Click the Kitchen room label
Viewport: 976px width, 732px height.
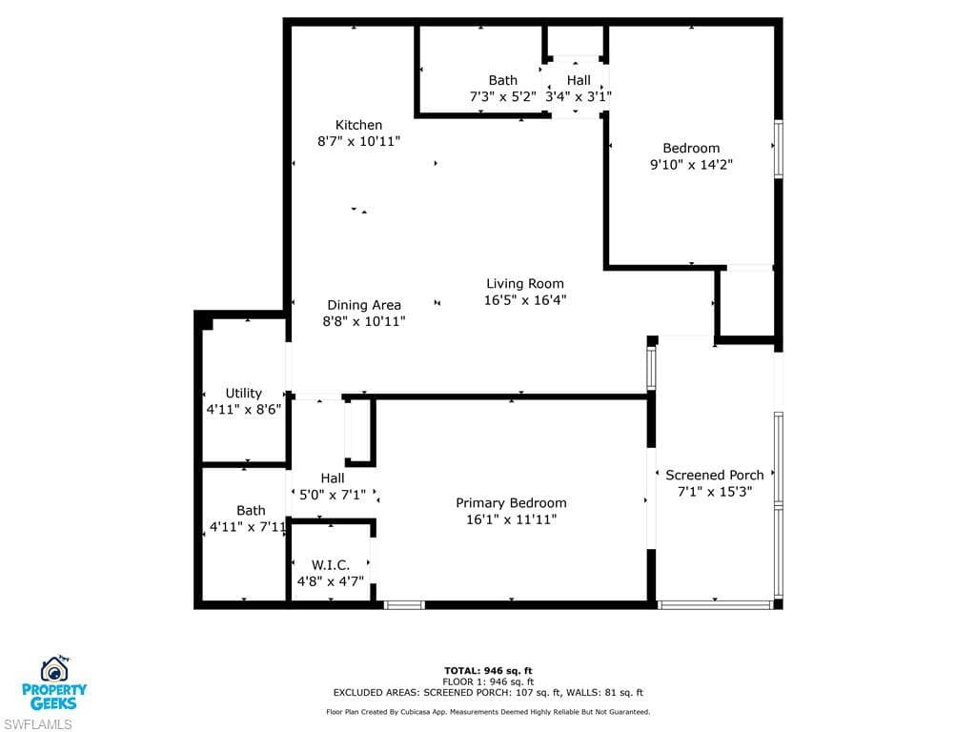point(358,125)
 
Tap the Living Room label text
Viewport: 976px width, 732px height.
point(524,283)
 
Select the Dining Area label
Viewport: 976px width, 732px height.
point(363,305)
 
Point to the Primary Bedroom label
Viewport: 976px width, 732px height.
point(511,503)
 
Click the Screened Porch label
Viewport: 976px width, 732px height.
point(714,475)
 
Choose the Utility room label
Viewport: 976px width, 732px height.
point(243,393)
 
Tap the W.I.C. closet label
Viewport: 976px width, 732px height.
point(330,564)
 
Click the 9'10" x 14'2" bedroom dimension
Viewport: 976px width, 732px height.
point(691,164)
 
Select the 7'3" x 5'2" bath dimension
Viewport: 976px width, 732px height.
point(502,96)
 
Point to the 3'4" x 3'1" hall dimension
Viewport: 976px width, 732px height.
point(578,96)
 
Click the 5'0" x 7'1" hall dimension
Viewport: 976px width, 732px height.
point(332,495)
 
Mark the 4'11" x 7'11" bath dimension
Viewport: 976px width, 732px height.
point(248,527)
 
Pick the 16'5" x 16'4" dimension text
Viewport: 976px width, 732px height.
point(524,300)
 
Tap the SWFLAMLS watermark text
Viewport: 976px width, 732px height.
point(37,723)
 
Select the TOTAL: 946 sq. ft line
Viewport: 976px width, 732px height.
point(487,670)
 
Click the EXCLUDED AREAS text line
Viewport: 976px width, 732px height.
point(488,693)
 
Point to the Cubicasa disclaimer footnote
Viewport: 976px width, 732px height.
point(488,712)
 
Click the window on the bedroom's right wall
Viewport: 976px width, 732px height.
point(778,148)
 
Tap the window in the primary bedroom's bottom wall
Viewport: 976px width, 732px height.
point(404,604)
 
